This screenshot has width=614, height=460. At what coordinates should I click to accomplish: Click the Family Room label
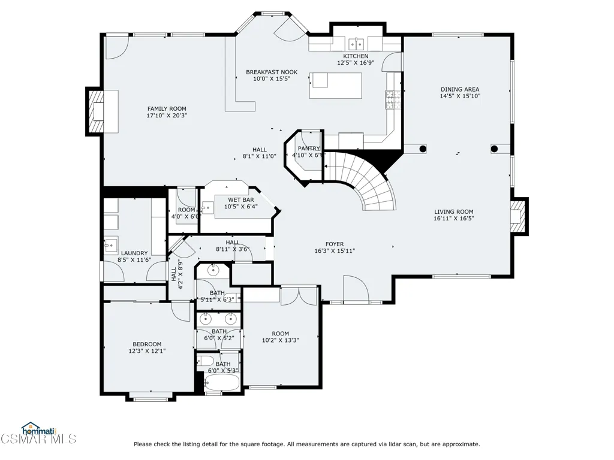[167, 109]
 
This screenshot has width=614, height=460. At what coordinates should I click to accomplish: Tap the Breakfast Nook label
[272, 72]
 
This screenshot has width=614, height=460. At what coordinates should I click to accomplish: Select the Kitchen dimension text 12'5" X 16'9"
[356, 62]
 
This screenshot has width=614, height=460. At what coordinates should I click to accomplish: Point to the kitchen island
[336, 85]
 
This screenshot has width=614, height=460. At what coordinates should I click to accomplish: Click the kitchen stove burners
[390, 99]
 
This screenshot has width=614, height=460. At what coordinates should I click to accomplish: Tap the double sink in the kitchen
[356, 44]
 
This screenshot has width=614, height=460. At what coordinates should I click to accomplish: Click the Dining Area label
[460, 89]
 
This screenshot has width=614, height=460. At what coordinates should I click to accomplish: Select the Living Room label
[454, 211]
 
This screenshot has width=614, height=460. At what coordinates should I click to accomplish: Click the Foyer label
[335, 244]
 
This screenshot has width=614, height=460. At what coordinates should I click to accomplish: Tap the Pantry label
[309, 149]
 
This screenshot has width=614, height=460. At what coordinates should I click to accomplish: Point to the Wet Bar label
[241, 200]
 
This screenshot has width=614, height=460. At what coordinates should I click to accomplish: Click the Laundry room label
[134, 253]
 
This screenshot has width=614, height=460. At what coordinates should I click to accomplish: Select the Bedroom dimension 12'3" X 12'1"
[148, 351]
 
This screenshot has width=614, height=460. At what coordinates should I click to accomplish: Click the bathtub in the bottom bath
[221, 382]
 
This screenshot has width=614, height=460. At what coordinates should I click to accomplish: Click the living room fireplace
[518, 216]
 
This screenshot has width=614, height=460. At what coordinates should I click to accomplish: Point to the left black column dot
[423, 149]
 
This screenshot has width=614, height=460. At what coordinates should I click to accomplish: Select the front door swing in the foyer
[356, 289]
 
